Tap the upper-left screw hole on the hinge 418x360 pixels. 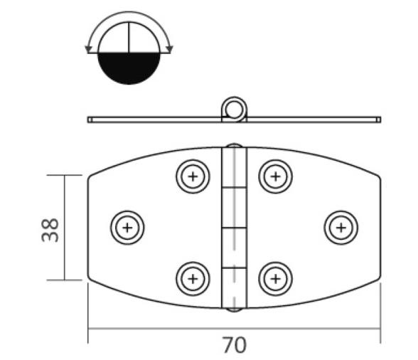(192, 176)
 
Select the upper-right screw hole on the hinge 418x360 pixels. (275, 176)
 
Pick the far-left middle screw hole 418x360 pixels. (127, 228)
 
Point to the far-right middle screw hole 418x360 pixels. (341, 228)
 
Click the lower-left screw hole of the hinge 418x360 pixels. (192, 278)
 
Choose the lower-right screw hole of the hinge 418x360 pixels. (275, 278)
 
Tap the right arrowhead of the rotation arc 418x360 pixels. (168, 49)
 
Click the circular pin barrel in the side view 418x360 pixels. (232, 108)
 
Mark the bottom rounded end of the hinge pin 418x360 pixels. (232, 307)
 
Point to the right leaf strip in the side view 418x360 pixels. (313, 120)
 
